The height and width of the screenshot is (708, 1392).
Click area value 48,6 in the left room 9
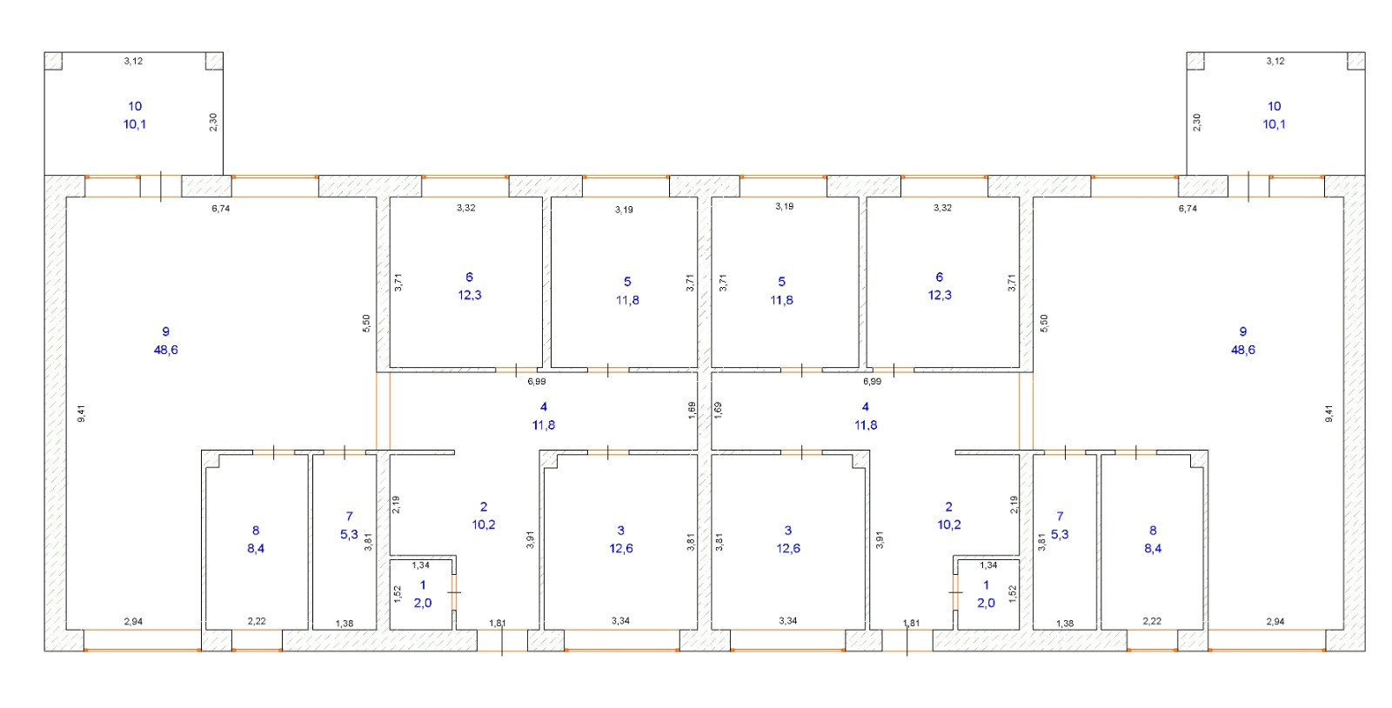pyautogui.click(x=165, y=350)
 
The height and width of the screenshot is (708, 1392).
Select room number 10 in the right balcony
pyautogui.click(x=1274, y=106)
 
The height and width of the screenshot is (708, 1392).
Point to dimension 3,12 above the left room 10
pyautogui.click(x=133, y=61)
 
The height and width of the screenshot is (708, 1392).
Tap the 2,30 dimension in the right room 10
pyautogui.click(x=1197, y=123)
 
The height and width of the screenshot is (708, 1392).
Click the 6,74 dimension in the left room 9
pyautogui.click(x=221, y=208)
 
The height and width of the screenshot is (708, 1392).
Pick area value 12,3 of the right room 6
pyautogui.click(x=939, y=295)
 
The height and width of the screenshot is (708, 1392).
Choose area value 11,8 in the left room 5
pyautogui.click(x=627, y=300)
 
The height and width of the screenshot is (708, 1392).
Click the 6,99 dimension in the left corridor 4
pyautogui.click(x=537, y=381)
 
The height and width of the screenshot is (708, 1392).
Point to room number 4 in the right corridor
pyautogui.click(x=865, y=406)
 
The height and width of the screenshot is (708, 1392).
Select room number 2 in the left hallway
pyautogui.click(x=484, y=506)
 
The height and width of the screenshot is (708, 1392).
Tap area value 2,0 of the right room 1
pyautogui.click(x=986, y=603)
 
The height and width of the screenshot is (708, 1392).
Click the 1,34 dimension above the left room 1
pyautogui.click(x=420, y=565)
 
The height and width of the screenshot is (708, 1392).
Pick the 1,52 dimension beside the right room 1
pyautogui.click(x=1012, y=594)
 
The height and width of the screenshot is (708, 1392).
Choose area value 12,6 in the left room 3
pyautogui.click(x=621, y=548)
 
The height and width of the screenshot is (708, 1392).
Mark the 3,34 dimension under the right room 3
pyautogui.click(x=787, y=620)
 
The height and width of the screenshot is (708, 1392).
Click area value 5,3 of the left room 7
pyautogui.click(x=349, y=534)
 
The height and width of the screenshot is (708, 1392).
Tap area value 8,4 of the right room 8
pyautogui.click(x=1153, y=548)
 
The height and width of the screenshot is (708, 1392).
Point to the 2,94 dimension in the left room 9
pyautogui.click(x=132, y=621)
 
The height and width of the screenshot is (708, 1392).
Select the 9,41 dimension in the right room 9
pyautogui.click(x=1328, y=414)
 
